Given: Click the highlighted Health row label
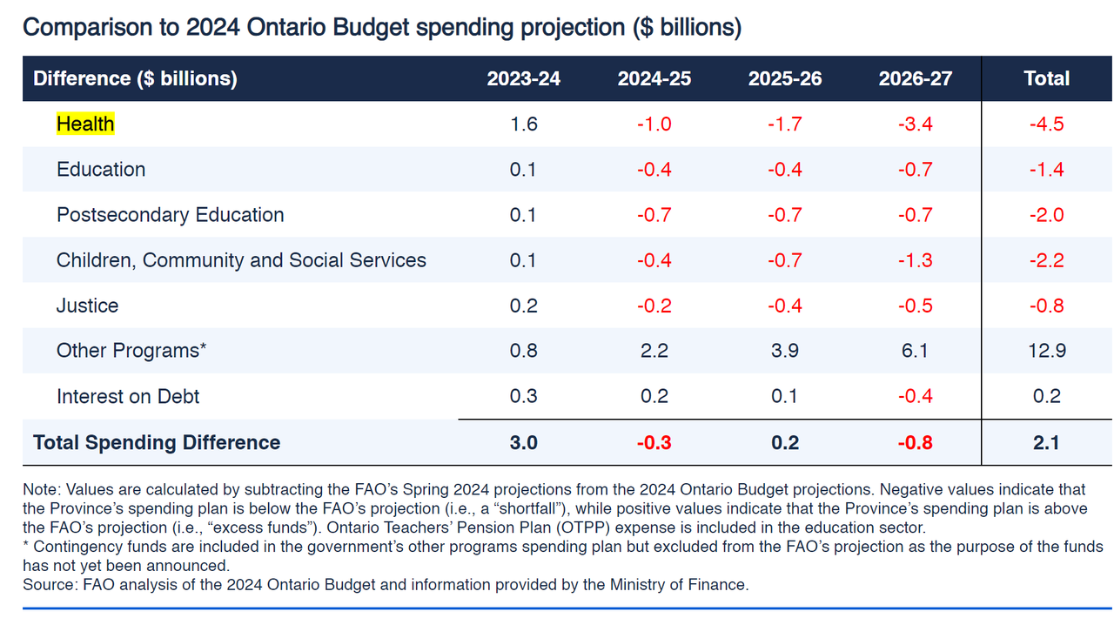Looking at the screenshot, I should tap(85, 124).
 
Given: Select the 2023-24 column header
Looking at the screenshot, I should tap(523, 78).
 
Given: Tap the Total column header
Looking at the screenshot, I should tap(1046, 78).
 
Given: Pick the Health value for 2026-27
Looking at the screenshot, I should tap(915, 124).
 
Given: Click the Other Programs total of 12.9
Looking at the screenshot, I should tap(1046, 351).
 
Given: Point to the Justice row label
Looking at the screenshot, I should tap(87, 306).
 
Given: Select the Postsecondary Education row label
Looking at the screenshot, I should tap(170, 215).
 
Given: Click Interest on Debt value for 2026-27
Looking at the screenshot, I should tap(915, 396).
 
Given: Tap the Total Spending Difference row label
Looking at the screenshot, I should tap(157, 442).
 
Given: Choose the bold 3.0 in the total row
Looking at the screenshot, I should tap(523, 442).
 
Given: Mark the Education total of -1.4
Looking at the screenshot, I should tap(1046, 170).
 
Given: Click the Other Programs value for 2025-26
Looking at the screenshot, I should tap(784, 351).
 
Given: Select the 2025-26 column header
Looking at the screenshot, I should tap(784, 78).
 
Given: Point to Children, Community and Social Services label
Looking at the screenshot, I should tap(241, 260).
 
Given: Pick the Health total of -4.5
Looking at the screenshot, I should tap(1046, 124).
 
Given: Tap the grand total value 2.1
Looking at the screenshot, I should tap(1046, 442).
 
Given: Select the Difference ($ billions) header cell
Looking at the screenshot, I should tap(135, 78).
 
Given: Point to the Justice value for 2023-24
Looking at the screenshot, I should tap(523, 306).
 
